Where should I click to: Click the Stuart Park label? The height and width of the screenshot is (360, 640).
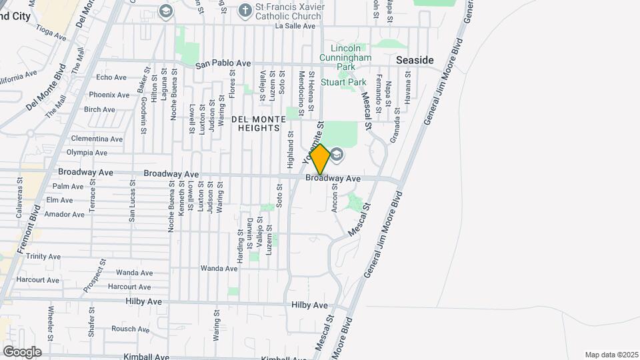(344, 82)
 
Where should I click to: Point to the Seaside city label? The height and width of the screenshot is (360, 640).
(415, 60)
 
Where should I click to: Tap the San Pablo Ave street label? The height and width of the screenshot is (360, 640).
(223, 64)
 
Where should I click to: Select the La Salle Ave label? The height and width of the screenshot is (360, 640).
(295, 27)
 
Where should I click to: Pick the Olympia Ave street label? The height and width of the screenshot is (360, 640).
(87, 152)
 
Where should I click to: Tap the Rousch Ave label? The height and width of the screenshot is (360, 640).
(130, 329)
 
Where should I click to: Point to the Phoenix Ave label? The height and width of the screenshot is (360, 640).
(109, 95)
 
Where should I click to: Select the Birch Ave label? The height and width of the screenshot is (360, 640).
(100, 109)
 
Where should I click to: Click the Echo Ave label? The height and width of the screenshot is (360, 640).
(111, 77)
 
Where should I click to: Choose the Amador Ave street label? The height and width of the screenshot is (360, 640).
(65, 214)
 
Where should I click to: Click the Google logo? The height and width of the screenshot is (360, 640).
(22, 351)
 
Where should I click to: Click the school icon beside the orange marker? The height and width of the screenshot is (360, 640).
(337, 155)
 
